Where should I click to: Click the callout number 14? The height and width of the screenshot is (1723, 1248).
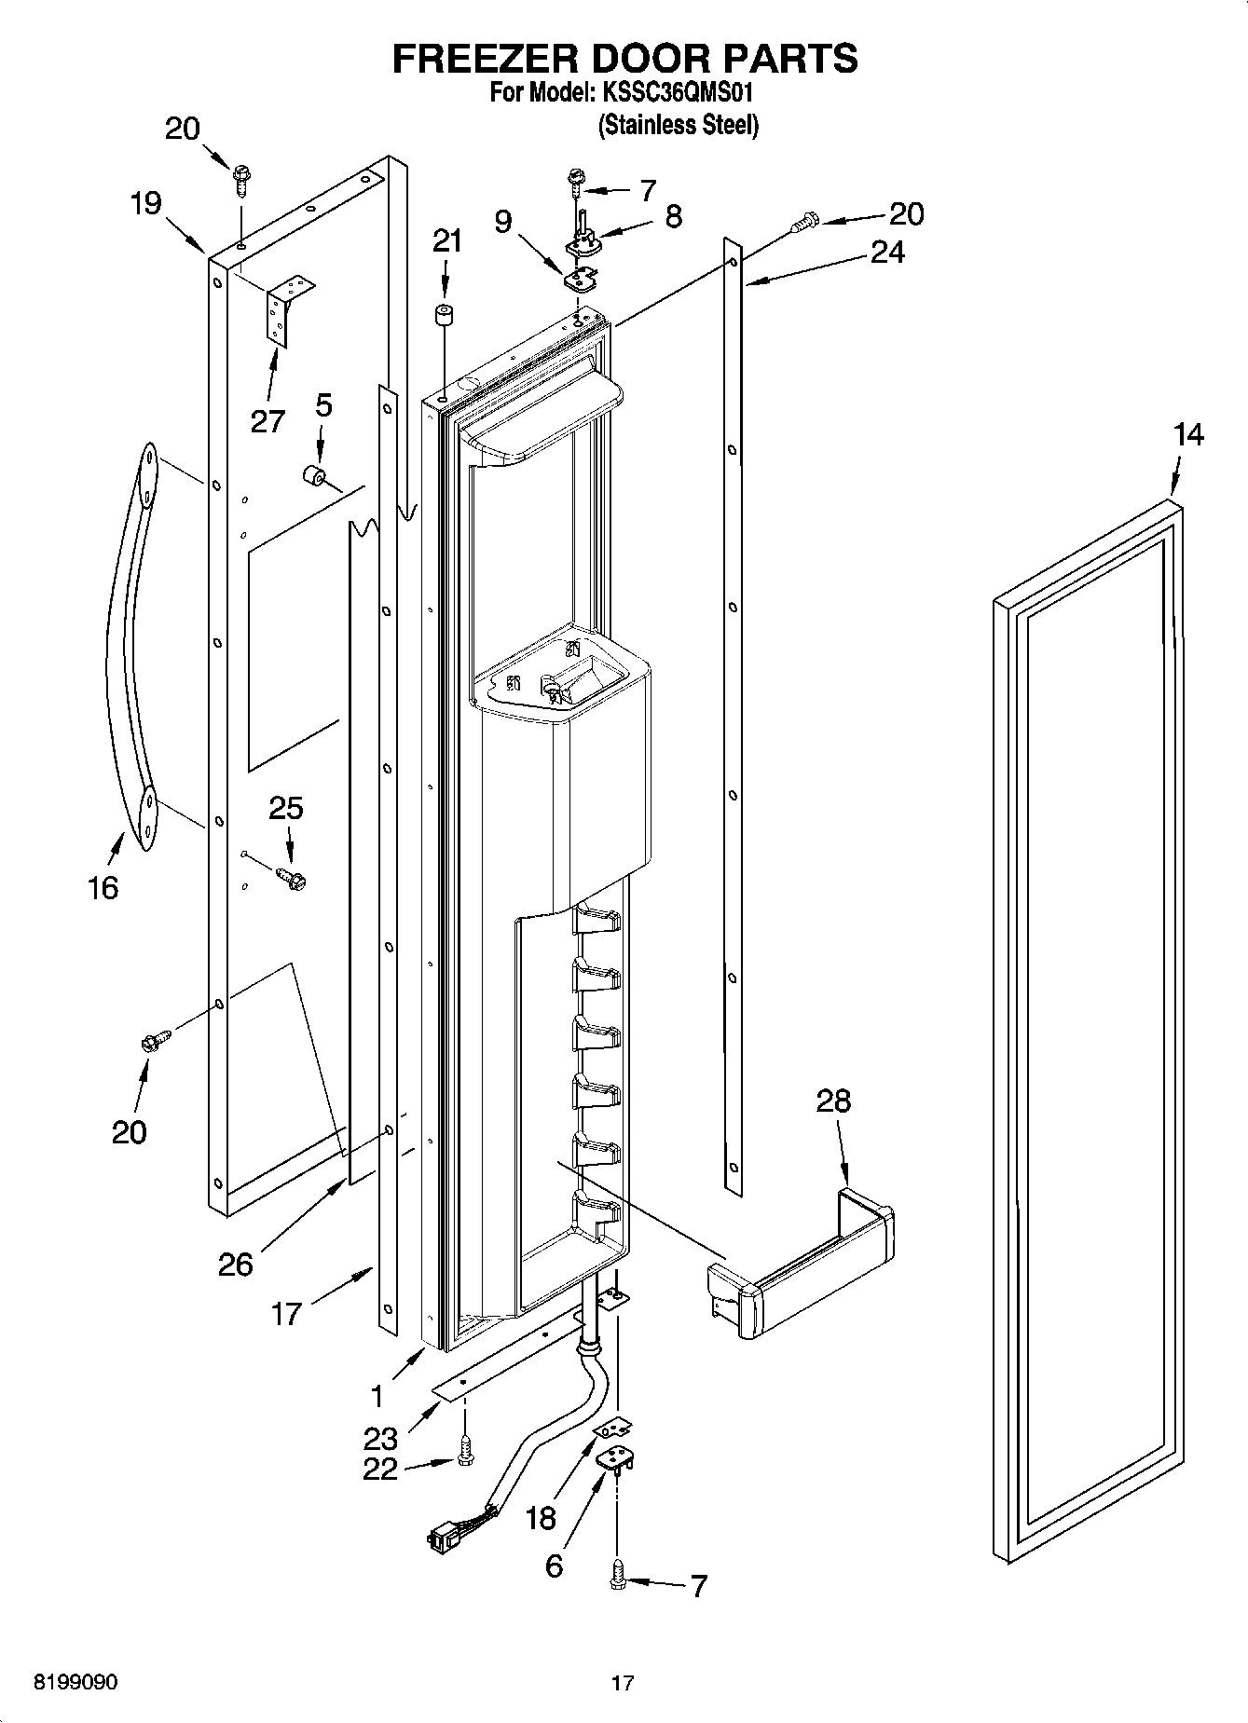pos(1187,435)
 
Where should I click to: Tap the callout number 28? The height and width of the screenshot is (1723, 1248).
pos(833,1101)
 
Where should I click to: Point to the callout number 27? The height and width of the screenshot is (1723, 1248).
pos(267,421)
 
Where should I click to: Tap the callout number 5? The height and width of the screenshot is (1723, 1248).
pos(322,405)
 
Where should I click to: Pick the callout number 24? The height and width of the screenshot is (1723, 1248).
pos(886,252)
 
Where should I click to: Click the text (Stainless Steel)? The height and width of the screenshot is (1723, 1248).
pos(679,125)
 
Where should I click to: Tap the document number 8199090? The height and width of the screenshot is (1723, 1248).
pos(75,1683)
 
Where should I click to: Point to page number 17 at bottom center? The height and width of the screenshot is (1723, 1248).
pos(623,1683)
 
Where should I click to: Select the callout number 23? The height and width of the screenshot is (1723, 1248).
pos(381,1438)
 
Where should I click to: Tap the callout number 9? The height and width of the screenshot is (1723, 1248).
pos(502,221)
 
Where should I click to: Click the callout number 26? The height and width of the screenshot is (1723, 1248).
pos(235,1265)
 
